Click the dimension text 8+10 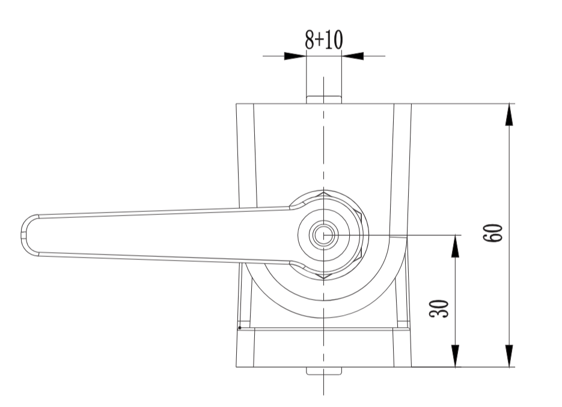click(x=323, y=40)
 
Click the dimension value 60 click(x=493, y=233)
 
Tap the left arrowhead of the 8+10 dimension click(x=295, y=56)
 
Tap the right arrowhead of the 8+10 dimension click(x=353, y=56)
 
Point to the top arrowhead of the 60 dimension click(x=510, y=114)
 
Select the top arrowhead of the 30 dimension click(x=455, y=245)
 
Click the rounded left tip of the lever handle click(x=24, y=234)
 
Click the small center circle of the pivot click(x=323, y=235)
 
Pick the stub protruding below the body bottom click(x=324, y=370)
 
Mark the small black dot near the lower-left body click(x=240, y=328)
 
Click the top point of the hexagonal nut click(x=324, y=194)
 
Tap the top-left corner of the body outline click(x=236, y=104)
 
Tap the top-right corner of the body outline click(x=412, y=104)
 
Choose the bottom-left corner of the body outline click(x=236, y=366)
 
